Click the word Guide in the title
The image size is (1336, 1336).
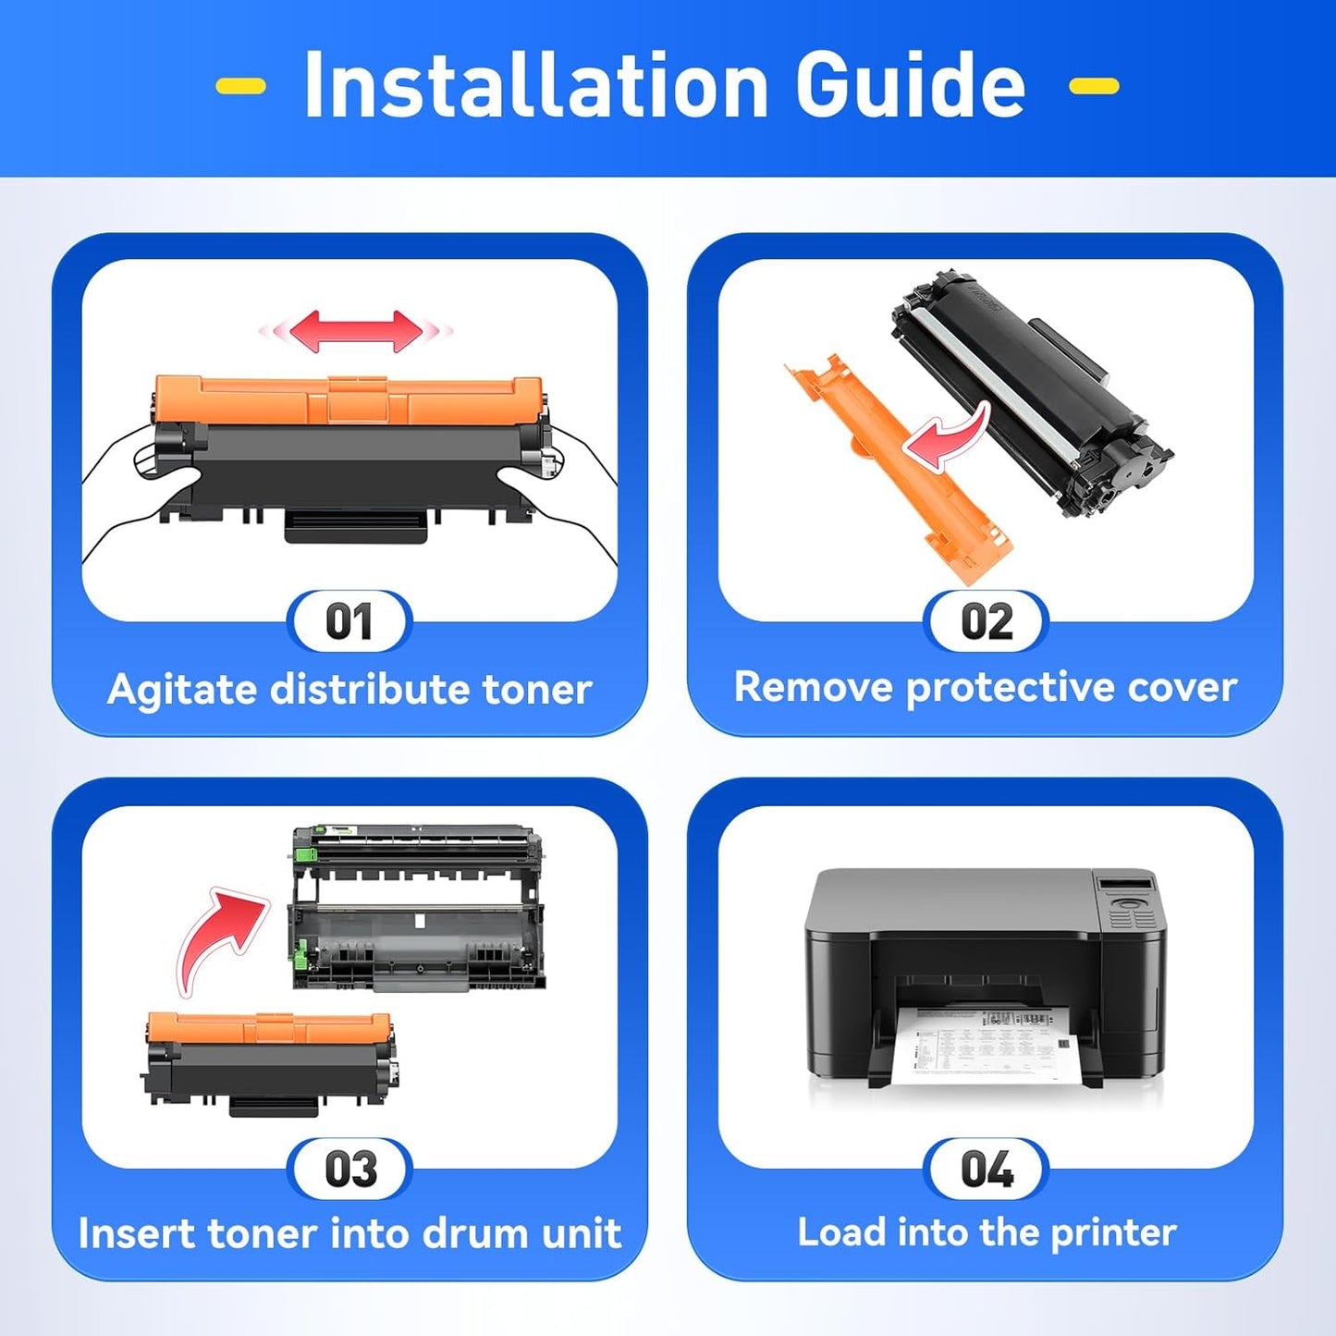910,85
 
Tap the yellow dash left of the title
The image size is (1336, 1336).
240,87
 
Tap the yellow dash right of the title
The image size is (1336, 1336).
1094,87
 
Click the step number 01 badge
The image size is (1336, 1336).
349,622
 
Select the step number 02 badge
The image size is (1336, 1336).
987,622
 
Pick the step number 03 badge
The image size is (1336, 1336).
350,1170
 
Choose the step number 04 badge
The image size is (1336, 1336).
987,1170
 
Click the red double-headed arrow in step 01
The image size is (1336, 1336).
356,331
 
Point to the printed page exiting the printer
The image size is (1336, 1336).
985,1045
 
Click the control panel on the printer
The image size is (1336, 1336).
1127,901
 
